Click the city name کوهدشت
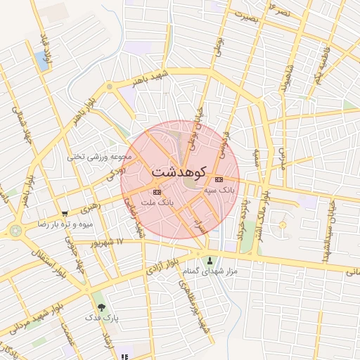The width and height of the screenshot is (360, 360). [179, 172]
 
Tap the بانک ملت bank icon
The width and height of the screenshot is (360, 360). [156, 192]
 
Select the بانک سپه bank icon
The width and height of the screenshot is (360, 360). [218, 179]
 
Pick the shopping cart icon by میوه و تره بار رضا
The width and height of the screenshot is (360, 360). [65, 214]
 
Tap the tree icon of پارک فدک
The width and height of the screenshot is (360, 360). [102, 307]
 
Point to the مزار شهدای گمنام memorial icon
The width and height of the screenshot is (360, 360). [210, 261]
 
